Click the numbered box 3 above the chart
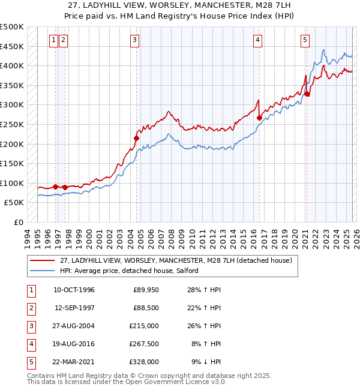tap(134, 40)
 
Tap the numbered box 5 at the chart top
tap(305, 40)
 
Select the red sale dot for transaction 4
tap(259, 118)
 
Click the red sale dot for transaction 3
tap(136, 138)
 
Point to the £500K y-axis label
tap(12, 27)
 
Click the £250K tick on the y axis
tap(12, 124)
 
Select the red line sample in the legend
tap(42, 260)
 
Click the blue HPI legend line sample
tap(42, 271)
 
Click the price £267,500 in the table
tap(146, 344)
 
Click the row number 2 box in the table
tap(30, 308)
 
